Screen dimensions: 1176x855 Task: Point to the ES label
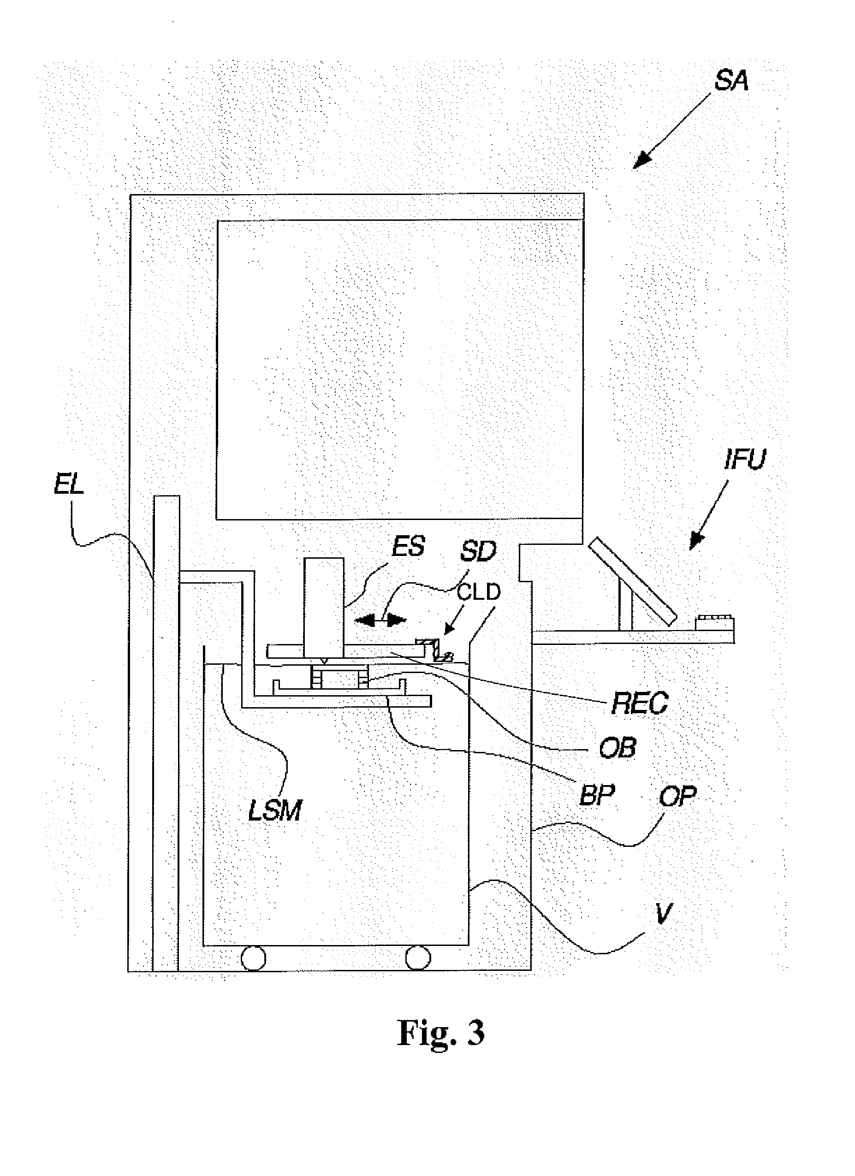408,546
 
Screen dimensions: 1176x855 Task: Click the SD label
478,551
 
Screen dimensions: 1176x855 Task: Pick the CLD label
478,591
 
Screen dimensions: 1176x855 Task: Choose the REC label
640,703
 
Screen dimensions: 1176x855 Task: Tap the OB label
617,748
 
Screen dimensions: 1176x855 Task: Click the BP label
597,794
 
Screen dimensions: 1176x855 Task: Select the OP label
677,795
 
